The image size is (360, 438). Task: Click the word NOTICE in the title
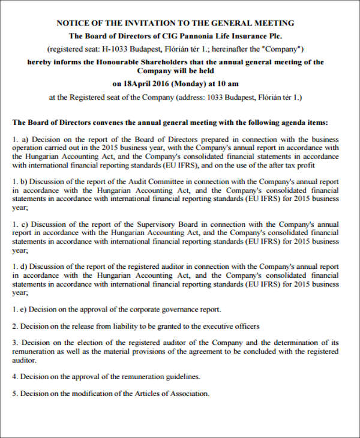72,23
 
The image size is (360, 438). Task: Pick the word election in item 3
88,343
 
